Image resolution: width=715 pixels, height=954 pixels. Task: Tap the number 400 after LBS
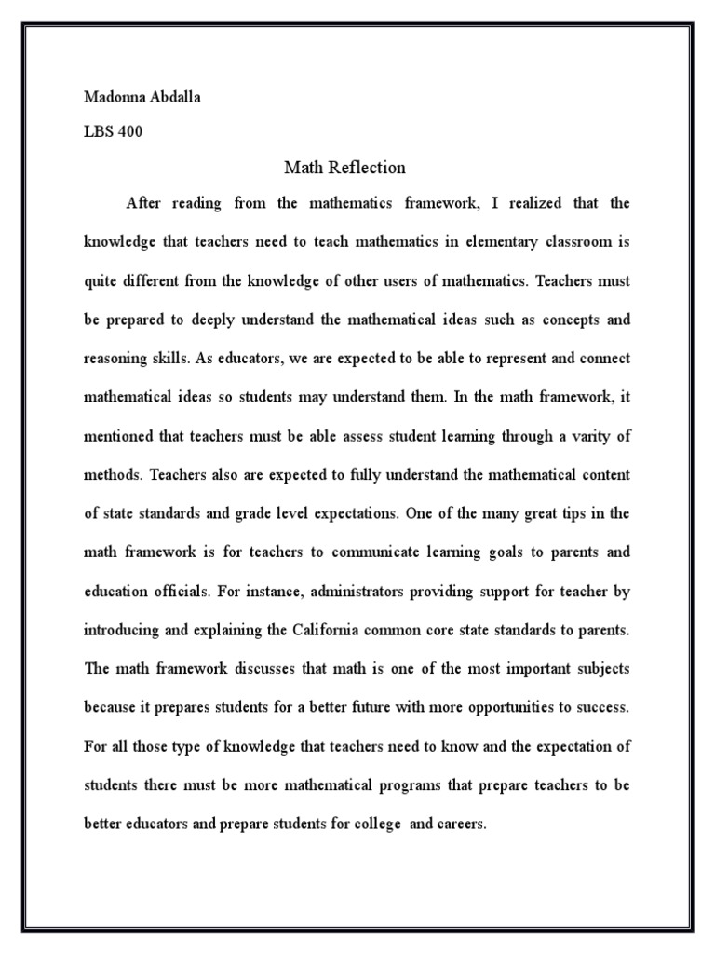pos(129,132)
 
